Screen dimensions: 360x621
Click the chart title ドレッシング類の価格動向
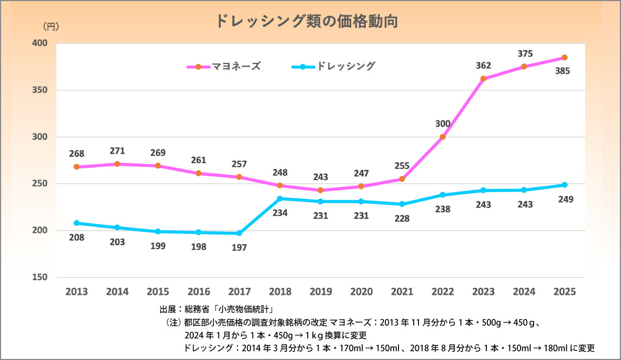pos(307,21)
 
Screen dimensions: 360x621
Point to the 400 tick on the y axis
pos(40,43)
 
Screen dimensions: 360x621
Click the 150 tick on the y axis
pos(40,277)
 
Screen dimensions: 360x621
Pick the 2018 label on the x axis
pos(280,292)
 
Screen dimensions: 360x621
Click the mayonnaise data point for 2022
pos(442,137)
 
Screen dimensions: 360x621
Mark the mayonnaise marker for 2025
pos(565,58)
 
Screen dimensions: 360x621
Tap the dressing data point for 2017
pos(239,233)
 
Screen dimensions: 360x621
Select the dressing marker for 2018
pos(280,199)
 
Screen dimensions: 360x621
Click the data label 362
pos(483,66)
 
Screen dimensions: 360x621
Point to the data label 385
pos(562,71)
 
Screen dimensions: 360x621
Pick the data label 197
pos(239,248)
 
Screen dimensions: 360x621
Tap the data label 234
pos(280,212)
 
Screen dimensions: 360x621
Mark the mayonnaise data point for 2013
pos(77,167)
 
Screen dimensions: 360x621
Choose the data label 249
pos(566,199)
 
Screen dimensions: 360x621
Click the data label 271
pos(117,152)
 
